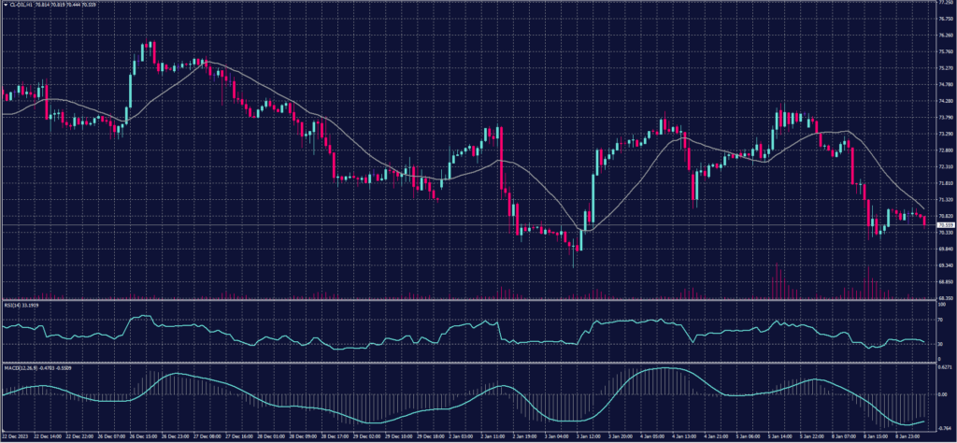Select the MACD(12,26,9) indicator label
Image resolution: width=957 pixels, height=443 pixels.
tap(17, 367)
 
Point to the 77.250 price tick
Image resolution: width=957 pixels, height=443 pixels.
tap(944, 3)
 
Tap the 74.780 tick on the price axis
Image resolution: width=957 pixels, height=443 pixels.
tap(944, 85)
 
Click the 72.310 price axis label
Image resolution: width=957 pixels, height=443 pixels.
tap(944, 166)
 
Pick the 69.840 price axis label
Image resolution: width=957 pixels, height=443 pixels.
tap(944, 249)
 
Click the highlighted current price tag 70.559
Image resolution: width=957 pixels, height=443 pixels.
tap(944, 225)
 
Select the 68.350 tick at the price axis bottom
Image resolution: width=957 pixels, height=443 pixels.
tap(944, 297)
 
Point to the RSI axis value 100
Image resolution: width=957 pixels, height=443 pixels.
tap(938, 303)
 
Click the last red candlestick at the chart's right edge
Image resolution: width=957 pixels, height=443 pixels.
tap(925, 220)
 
